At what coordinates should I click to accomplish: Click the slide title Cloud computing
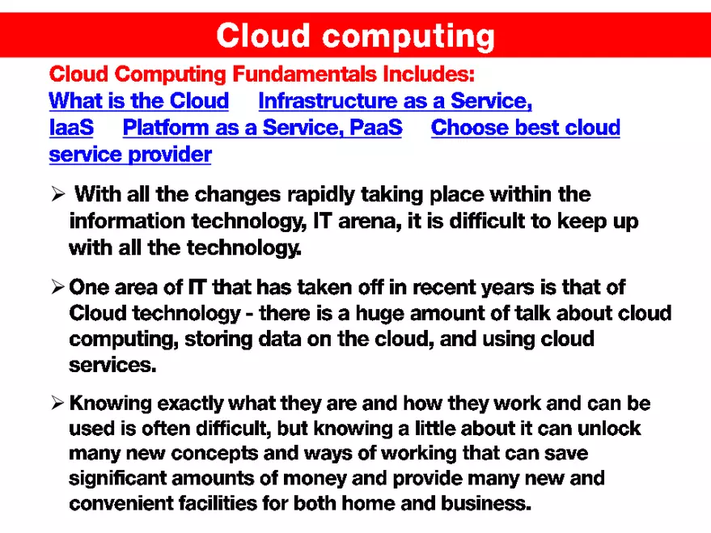pos(355,36)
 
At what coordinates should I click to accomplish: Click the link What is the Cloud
pos(139,101)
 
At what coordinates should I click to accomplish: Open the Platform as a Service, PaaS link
pos(262,128)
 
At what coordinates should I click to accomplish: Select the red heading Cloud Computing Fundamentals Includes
pos(261,74)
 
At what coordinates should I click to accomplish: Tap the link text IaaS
pos(71,128)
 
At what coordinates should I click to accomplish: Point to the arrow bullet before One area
pos(57,286)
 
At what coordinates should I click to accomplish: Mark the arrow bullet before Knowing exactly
pos(57,403)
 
